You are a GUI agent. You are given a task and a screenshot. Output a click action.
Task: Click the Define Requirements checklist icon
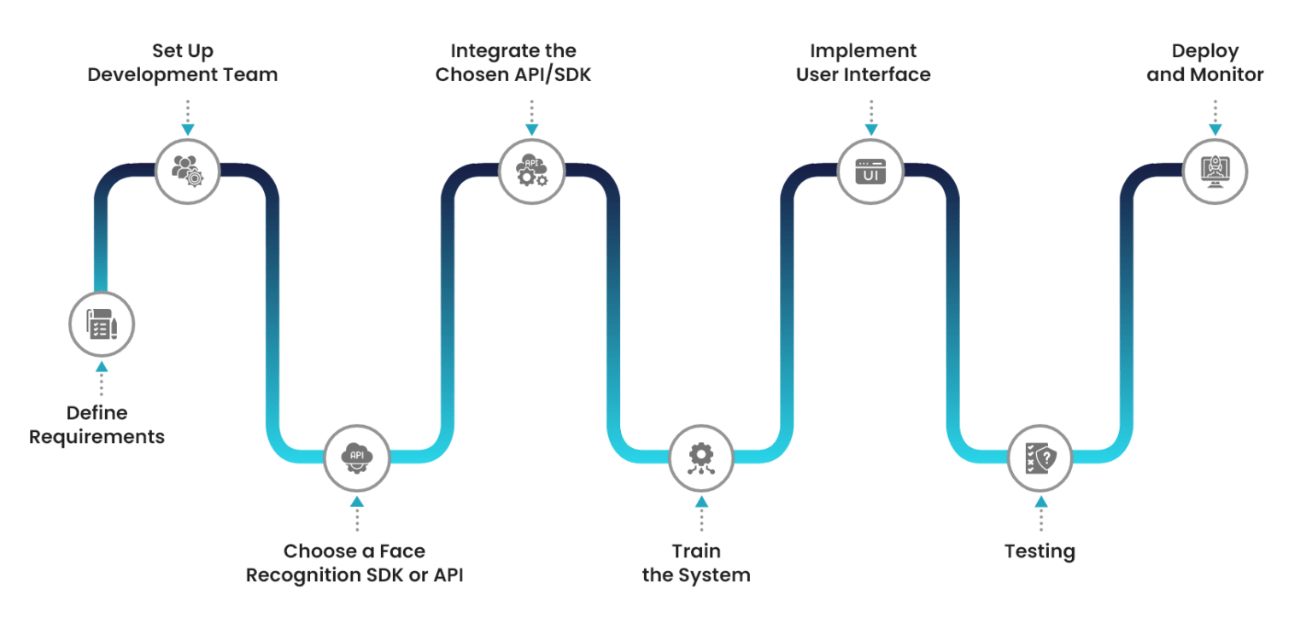point(102,324)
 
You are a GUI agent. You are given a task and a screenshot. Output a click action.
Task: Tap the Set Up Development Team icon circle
point(187,170)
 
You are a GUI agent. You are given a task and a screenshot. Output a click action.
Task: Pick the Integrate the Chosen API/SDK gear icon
point(531,171)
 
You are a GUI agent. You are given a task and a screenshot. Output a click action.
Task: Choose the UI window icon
point(870,171)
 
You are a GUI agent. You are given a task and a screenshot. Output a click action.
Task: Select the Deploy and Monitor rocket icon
point(1215,171)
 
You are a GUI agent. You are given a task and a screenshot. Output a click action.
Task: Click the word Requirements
point(97,437)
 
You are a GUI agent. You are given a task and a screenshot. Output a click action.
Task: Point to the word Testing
point(1040,551)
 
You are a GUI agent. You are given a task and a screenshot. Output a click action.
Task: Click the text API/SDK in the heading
point(555,75)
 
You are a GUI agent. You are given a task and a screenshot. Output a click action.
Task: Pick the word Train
point(695,551)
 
